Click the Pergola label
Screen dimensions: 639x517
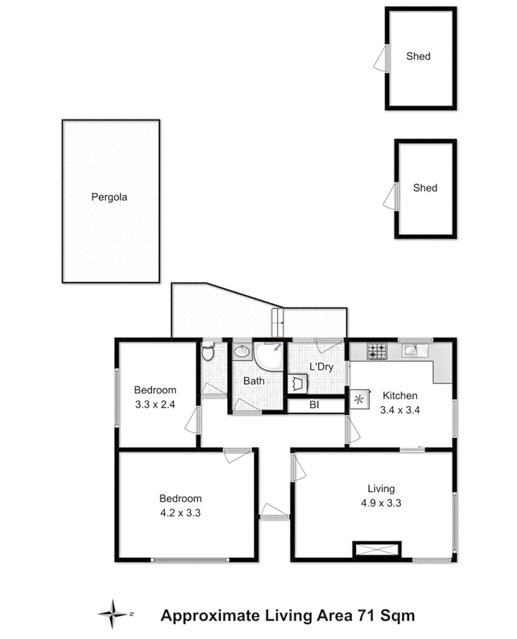[x=109, y=197]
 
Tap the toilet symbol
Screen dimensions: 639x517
[x=207, y=352]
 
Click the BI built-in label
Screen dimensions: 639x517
[x=314, y=405]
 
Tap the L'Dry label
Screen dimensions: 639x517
[x=321, y=367]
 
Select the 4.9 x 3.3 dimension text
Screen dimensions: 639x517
[x=381, y=503]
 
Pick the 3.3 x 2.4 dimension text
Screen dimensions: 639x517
[x=155, y=404]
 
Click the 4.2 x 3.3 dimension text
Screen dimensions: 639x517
[x=180, y=513]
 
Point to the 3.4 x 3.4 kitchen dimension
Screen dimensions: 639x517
[x=400, y=410]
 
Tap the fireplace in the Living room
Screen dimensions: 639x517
[x=377, y=549]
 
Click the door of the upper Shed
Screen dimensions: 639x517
[x=381, y=59]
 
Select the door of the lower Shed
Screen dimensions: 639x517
[x=390, y=197]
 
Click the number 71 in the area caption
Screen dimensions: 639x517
[x=365, y=615]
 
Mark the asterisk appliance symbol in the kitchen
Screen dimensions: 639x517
[x=359, y=400]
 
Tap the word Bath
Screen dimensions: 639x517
[x=254, y=381]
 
